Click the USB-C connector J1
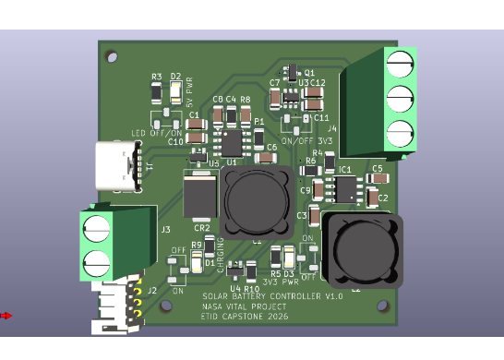(x=117, y=166)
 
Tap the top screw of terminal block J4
(x=399, y=63)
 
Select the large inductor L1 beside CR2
(x=250, y=197)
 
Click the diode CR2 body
(x=200, y=197)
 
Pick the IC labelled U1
(x=231, y=142)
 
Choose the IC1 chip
(x=345, y=188)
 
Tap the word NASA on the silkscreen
(x=212, y=306)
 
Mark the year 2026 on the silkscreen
(x=273, y=316)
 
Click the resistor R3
(x=157, y=91)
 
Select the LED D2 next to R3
(x=174, y=91)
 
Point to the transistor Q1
(x=293, y=72)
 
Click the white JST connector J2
(x=115, y=304)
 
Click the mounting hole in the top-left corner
(x=113, y=55)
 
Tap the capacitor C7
(x=275, y=99)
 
